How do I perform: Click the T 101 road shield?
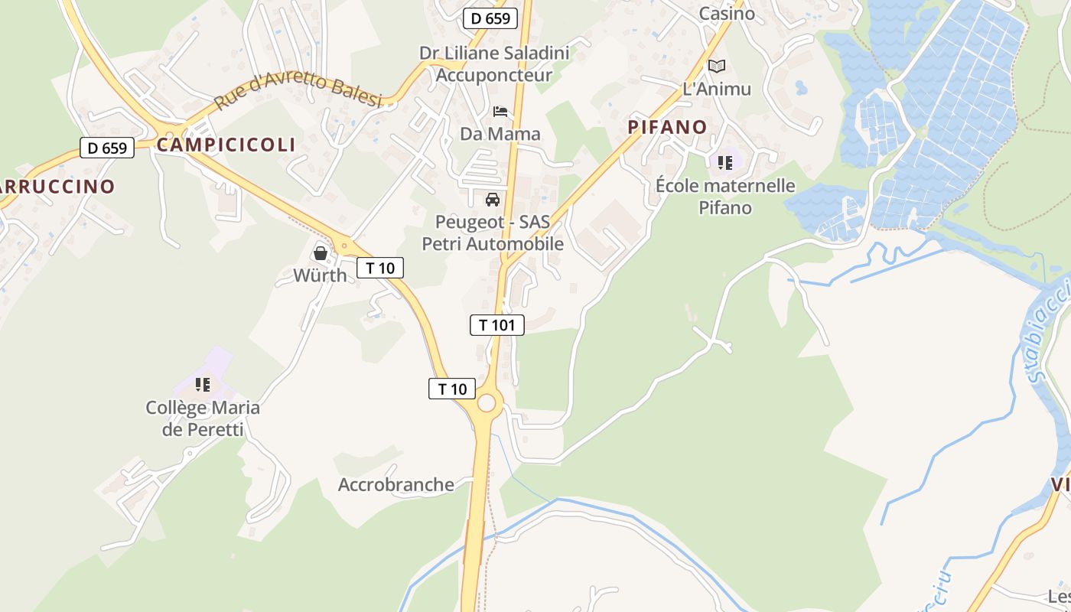tap(496, 325)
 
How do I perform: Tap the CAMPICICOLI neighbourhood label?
tap(226, 145)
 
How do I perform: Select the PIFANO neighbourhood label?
tap(668, 127)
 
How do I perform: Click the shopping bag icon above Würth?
tap(321, 252)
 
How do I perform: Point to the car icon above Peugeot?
tap(493, 200)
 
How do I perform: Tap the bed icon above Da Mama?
tap(500, 112)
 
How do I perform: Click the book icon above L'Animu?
tap(716, 67)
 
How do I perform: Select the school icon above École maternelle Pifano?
tap(724, 162)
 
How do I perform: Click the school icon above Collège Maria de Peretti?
tap(203, 384)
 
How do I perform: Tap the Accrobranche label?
tap(396, 485)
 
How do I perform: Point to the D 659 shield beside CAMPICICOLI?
tap(107, 148)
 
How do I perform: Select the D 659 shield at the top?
tap(490, 18)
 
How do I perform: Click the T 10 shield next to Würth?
tap(380, 268)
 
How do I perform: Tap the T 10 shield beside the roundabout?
tap(452, 389)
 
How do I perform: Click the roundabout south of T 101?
tap(488, 403)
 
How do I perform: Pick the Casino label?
tap(727, 13)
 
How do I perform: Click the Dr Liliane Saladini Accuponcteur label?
tap(494, 64)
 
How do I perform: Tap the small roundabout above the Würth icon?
tap(344, 246)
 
